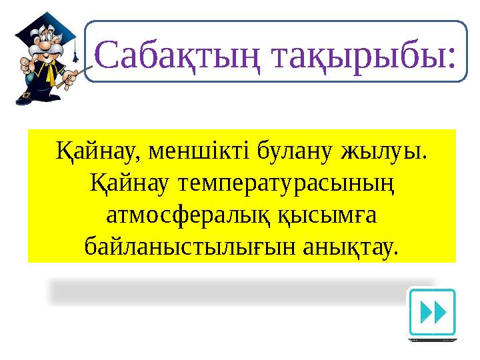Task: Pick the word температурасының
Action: (275, 184)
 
